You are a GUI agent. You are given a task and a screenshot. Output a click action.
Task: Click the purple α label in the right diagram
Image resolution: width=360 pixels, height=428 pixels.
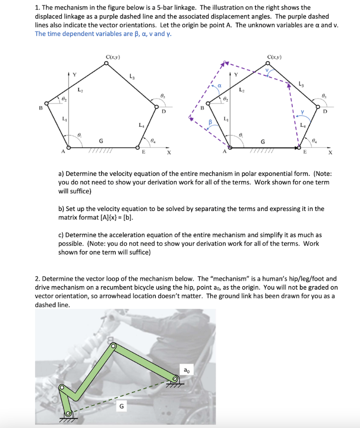pyautogui.click(x=218, y=85)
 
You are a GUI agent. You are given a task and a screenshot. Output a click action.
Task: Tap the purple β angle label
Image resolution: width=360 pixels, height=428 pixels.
pyautogui.click(x=211, y=122)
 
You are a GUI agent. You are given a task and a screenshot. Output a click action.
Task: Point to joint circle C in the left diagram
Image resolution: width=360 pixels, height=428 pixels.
pyautogui.click(x=106, y=64)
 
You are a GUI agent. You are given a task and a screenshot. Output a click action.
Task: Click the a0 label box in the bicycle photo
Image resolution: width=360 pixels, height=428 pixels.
pyautogui.click(x=187, y=369)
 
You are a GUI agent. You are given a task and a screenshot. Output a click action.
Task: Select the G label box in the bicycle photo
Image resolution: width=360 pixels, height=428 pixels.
pyautogui.click(x=122, y=405)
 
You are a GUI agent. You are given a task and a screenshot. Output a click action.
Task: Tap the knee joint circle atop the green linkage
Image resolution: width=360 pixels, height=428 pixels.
pyautogui.click(x=113, y=346)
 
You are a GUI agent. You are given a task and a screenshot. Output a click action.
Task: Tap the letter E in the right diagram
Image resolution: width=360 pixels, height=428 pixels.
pyautogui.click(x=304, y=153)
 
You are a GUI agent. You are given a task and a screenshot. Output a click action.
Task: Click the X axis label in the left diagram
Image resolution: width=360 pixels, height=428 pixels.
pyautogui.click(x=169, y=153)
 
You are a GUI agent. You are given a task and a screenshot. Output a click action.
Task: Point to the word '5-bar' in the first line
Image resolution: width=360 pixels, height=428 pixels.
pyautogui.click(x=185, y=8)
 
